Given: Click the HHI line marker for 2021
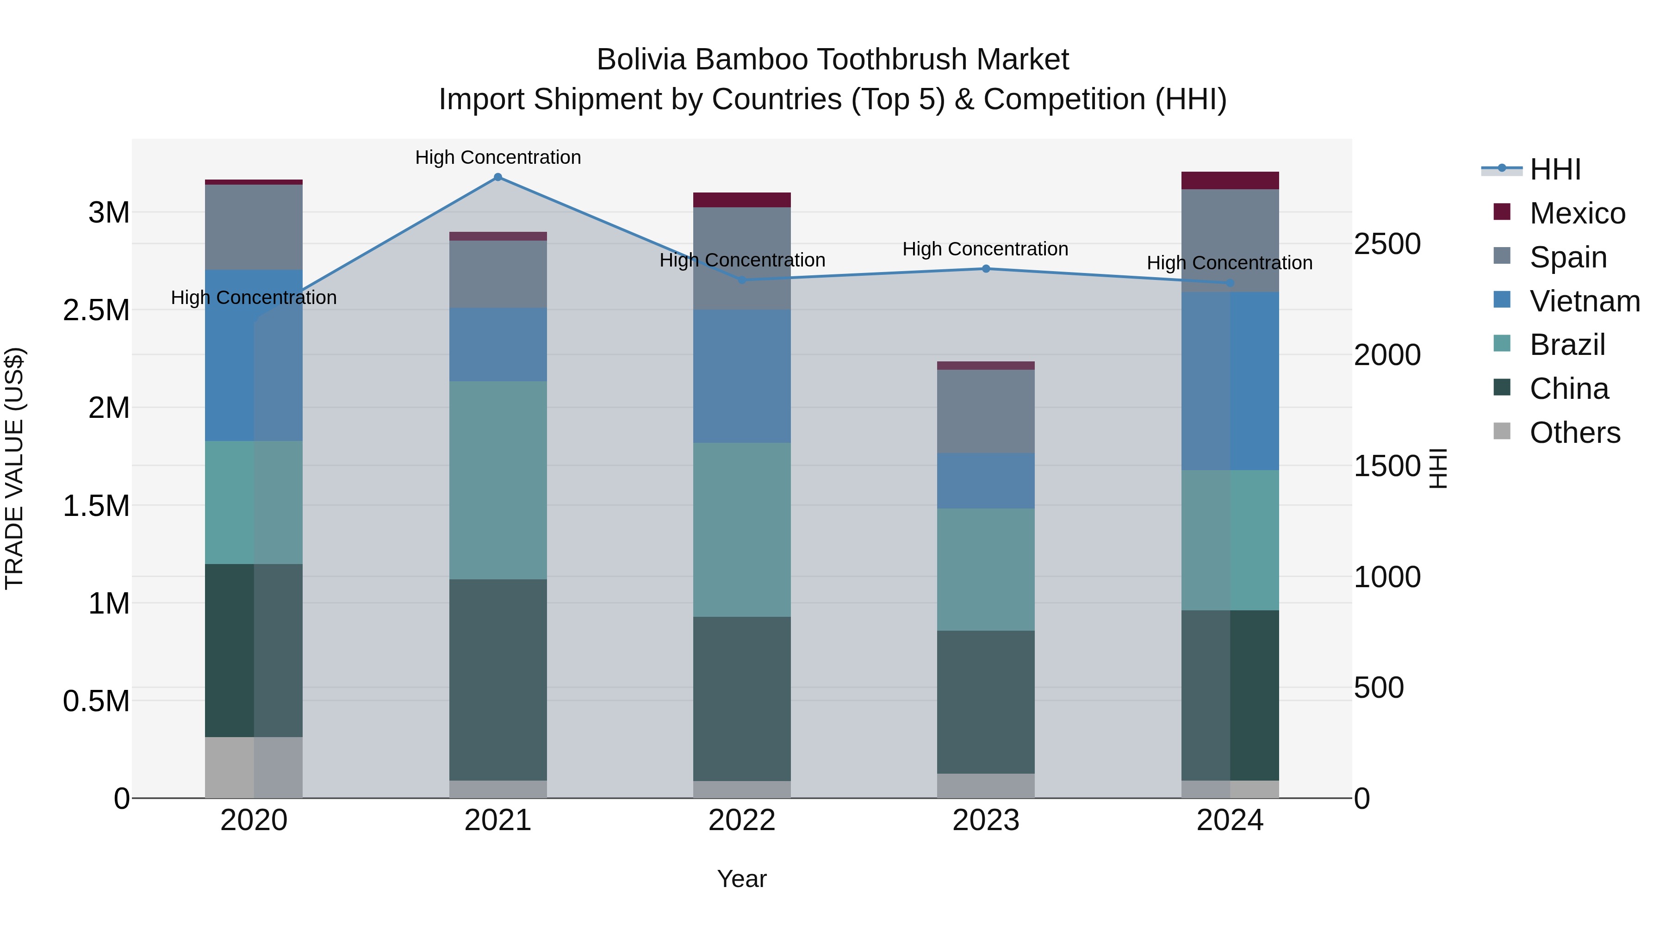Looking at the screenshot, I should pyautogui.click(x=497, y=177).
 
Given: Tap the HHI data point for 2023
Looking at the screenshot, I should pyautogui.click(x=986, y=268).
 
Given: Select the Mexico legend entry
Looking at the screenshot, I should pyautogui.click(x=1577, y=213).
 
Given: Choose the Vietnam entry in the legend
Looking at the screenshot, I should pyautogui.click(x=1585, y=301).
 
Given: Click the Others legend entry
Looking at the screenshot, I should pyautogui.click(x=1574, y=433).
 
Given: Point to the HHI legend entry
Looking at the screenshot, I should pyautogui.click(x=1555, y=169).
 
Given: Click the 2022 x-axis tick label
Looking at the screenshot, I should pyautogui.click(x=742, y=820).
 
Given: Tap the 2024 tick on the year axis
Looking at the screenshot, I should pyautogui.click(x=1230, y=820).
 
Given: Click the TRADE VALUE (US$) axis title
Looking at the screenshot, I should pyautogui.click(x=15, y=468).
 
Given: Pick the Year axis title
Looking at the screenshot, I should pyautogui.click(x=742, y=879).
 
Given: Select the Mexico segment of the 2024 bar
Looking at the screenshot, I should pyautogui.click(x=1230, y=180).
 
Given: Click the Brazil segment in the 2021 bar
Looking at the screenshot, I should pyautogui.click(x=497, y=480).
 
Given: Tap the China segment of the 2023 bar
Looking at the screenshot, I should pyautogui.click(x=986, y=701).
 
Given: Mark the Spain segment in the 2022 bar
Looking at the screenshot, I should pyautogui.click(x=742, y=258).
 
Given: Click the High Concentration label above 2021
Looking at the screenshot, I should pyautogui.click(x=497, y=157).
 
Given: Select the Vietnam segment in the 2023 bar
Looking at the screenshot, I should pyautogui.click(x=986, y=480).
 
